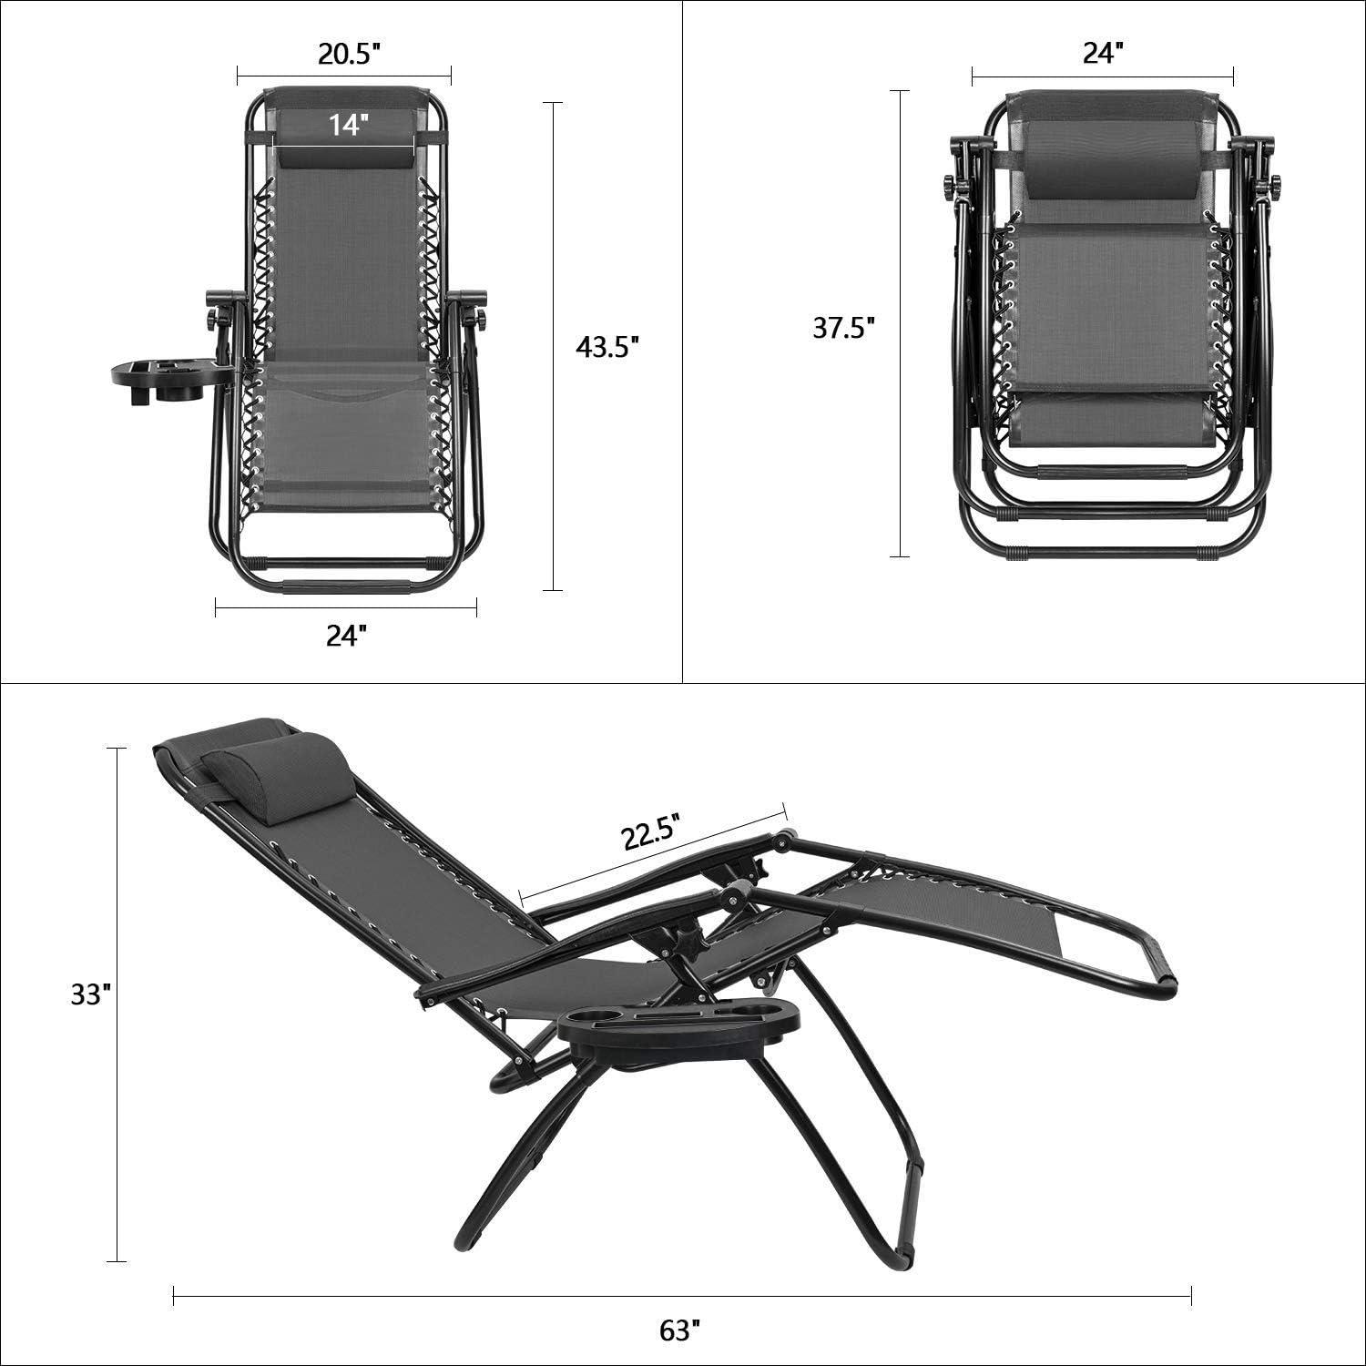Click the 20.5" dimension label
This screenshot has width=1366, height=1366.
point(348,54)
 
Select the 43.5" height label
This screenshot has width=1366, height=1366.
point(608,347)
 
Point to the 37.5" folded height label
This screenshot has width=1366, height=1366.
point(844,328)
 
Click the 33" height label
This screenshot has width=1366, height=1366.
point(91,996)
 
